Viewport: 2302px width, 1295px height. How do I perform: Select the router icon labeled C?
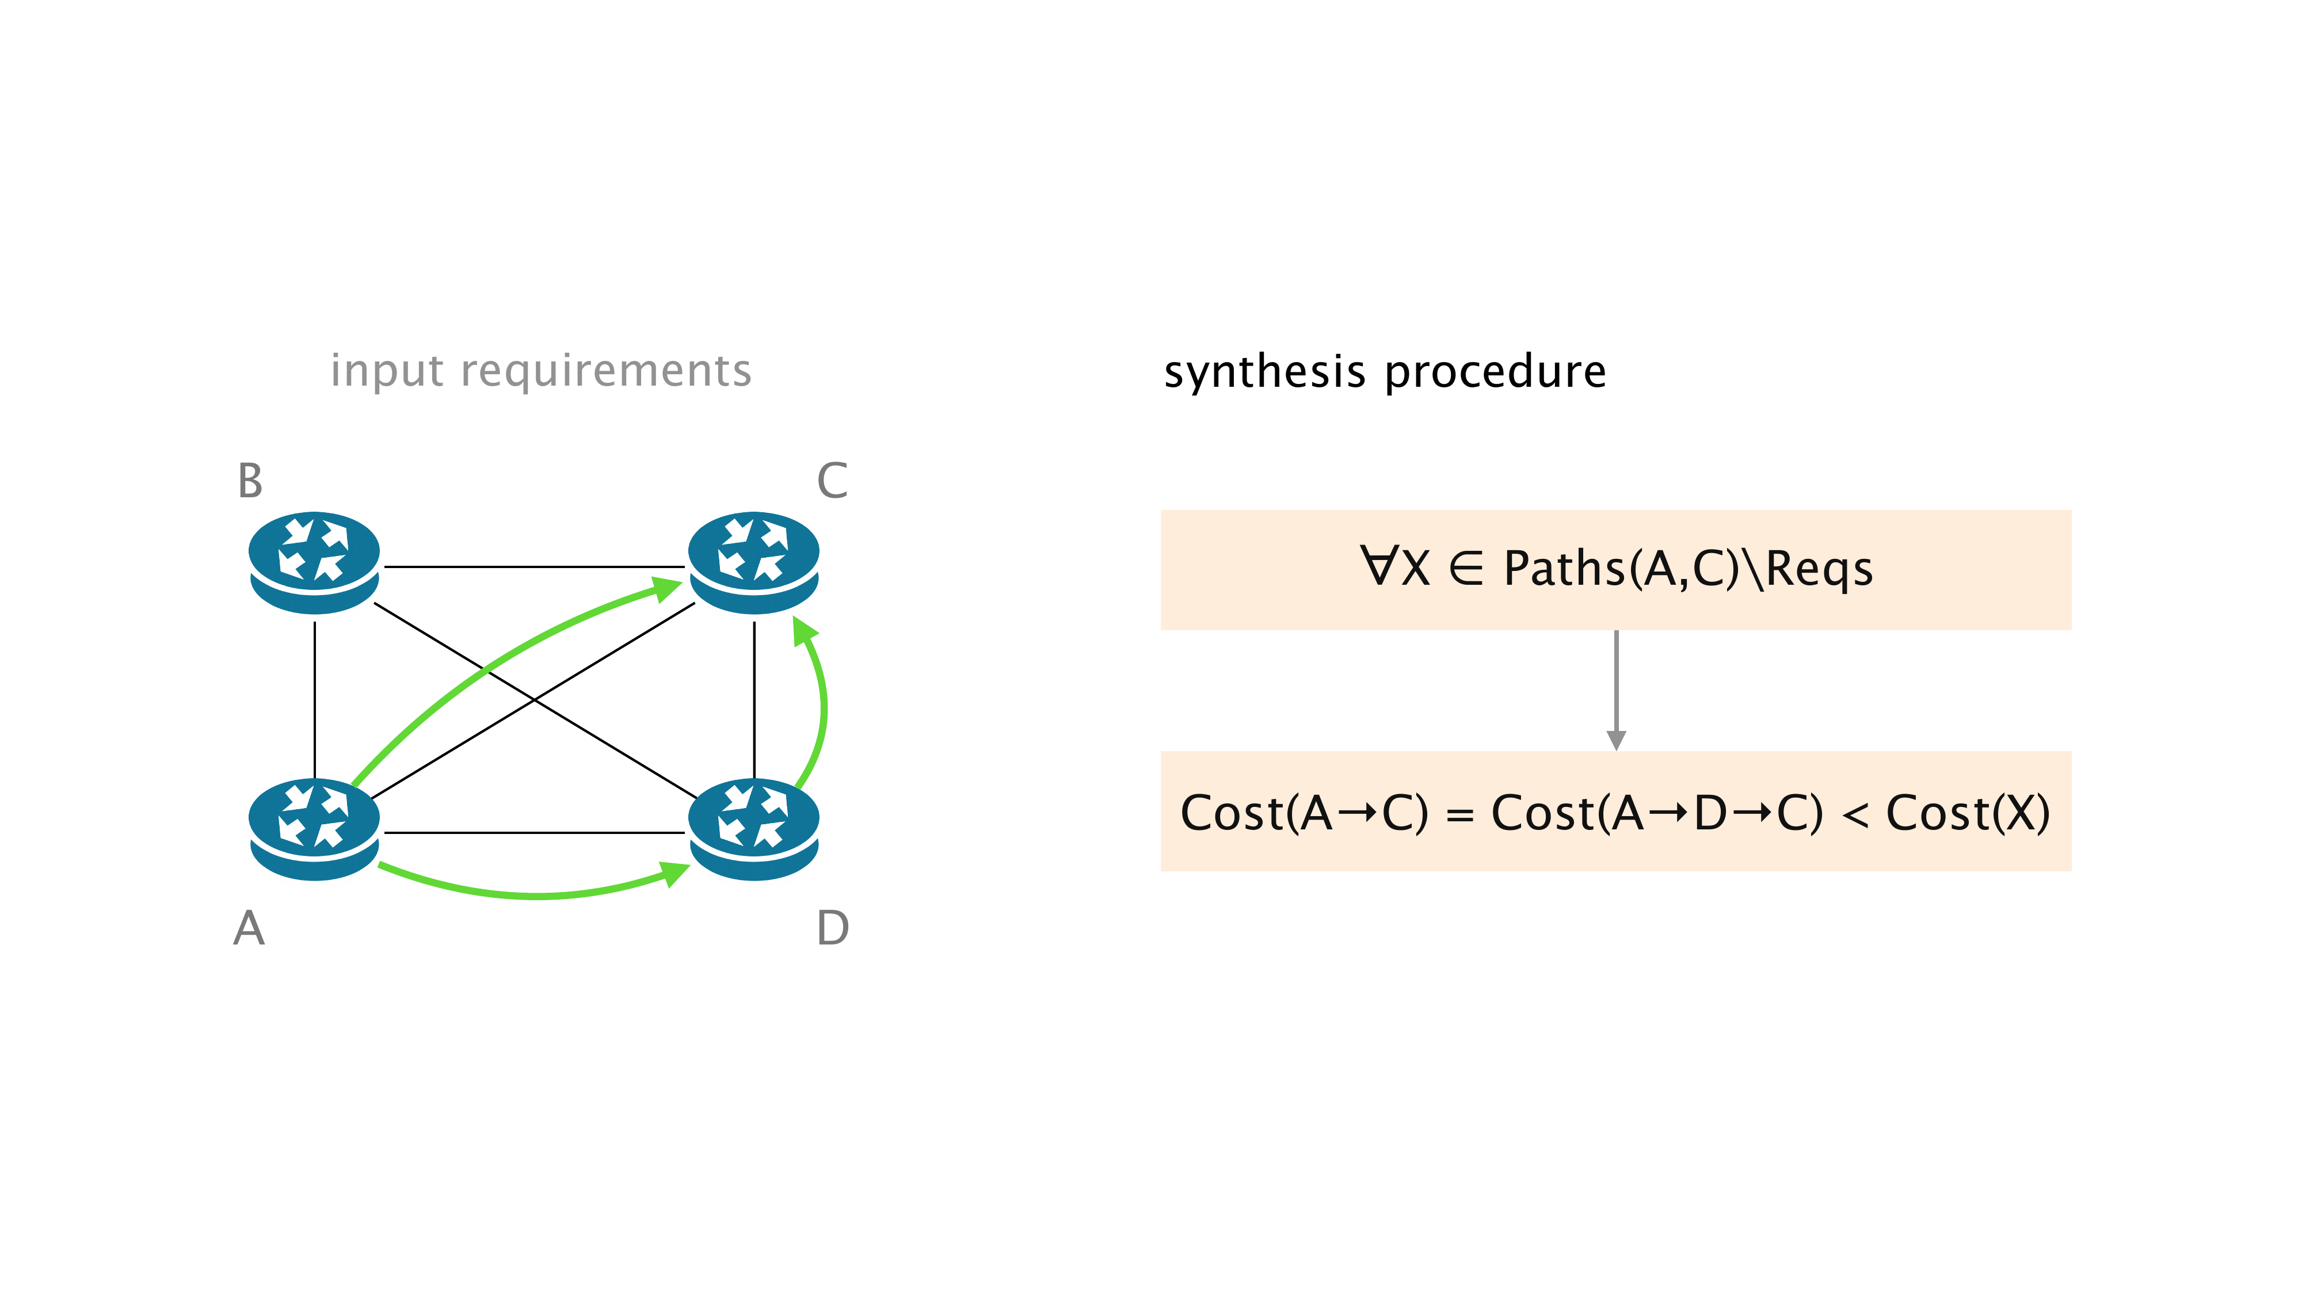pyautogui.click(x=753, y=561)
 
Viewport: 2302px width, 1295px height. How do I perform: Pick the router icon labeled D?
pyautogui.click(x=753, y=828)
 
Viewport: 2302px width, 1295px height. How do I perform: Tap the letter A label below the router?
pyautogui.click(x=249, y=928)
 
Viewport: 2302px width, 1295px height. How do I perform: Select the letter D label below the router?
pyautogui.click(x=832, y=928)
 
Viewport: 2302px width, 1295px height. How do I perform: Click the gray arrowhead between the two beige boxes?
pyautogui.click(x=1615, y=739)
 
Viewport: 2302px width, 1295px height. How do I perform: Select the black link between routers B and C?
pyautogui.click(x=533, y=566)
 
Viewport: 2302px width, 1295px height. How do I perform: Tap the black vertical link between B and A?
pyautogui.click(x=315, y=700)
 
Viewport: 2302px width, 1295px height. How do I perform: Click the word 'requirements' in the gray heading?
pyautogui.click(x=606, y=371)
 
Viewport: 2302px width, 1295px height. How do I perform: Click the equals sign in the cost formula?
pyautogui.click(x=1459, y=815)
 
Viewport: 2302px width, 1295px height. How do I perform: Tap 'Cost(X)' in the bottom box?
pyautogui.click(x=1968, y=813)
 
